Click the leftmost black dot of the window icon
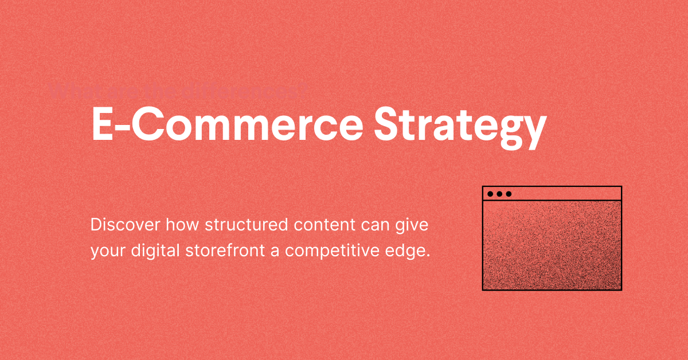click(490, 194)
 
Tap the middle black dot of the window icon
click(499, 194)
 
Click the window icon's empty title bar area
click(565, 194)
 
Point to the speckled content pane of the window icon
click(552, 245)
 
